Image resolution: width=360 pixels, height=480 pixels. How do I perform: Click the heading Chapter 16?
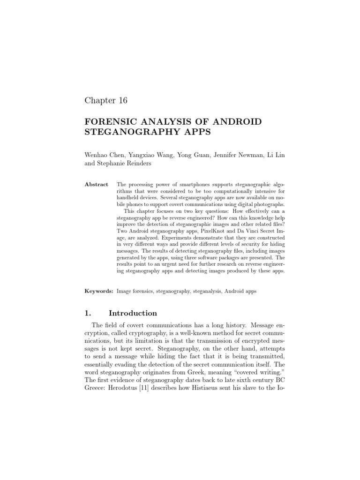pyautogui.click(x=105, y=100)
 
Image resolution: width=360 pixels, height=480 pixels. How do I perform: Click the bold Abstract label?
pyautogui.click(x=96, y=185)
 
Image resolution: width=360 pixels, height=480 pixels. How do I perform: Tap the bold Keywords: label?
pyautogui.click(x=99, y=291)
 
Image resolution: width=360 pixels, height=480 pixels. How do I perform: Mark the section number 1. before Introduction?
pyautogui.click(x=88, y=313)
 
